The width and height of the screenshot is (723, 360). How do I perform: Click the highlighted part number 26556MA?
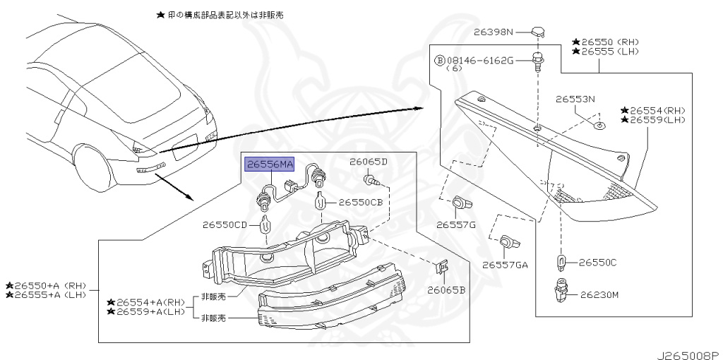click(269, 164)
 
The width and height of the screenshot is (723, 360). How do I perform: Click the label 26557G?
click(455, 225)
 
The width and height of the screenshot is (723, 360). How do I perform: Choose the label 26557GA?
click(505, 265)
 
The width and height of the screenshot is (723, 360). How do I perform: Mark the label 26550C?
click(598, 263)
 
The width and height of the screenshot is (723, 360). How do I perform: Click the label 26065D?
click(369, 162)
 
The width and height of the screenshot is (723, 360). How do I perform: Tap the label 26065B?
click(446, 289)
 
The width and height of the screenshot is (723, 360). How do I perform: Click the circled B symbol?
click(439, 61)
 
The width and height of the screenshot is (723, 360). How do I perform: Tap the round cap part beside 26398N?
click(538, 32)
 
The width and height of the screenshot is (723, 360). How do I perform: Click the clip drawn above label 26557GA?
click(507, 243)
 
